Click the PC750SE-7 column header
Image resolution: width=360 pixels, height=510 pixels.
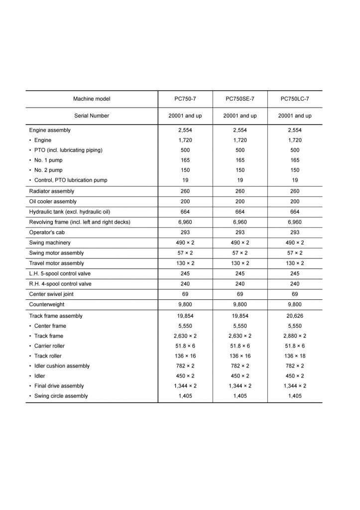point(240,99)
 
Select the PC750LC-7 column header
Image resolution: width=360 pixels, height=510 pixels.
point(295,99)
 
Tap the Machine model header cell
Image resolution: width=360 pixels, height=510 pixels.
point(92,99)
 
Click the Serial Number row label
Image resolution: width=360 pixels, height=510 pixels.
point(92,116)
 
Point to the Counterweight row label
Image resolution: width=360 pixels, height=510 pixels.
point(47,304)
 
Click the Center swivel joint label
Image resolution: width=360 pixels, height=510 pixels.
point(51,294)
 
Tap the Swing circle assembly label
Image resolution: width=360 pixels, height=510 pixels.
point(61,396)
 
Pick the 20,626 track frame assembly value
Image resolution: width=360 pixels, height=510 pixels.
point(295,316)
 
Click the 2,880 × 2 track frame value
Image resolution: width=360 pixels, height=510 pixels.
point(295,336)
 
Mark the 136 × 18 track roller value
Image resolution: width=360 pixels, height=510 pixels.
point(295,356)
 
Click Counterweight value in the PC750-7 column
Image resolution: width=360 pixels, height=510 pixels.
point(185,304)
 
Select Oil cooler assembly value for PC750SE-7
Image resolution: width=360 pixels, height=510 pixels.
point(240,202)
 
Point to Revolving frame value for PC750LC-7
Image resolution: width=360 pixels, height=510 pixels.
point(295,222)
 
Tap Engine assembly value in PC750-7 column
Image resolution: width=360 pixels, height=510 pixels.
point(185,130)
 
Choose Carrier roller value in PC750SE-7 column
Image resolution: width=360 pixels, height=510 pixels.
point(240,346)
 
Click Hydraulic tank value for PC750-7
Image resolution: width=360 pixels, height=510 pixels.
point(185,212)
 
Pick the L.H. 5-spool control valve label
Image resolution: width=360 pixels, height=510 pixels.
point(60,273)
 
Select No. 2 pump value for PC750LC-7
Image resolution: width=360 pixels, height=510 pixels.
point(295,170)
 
